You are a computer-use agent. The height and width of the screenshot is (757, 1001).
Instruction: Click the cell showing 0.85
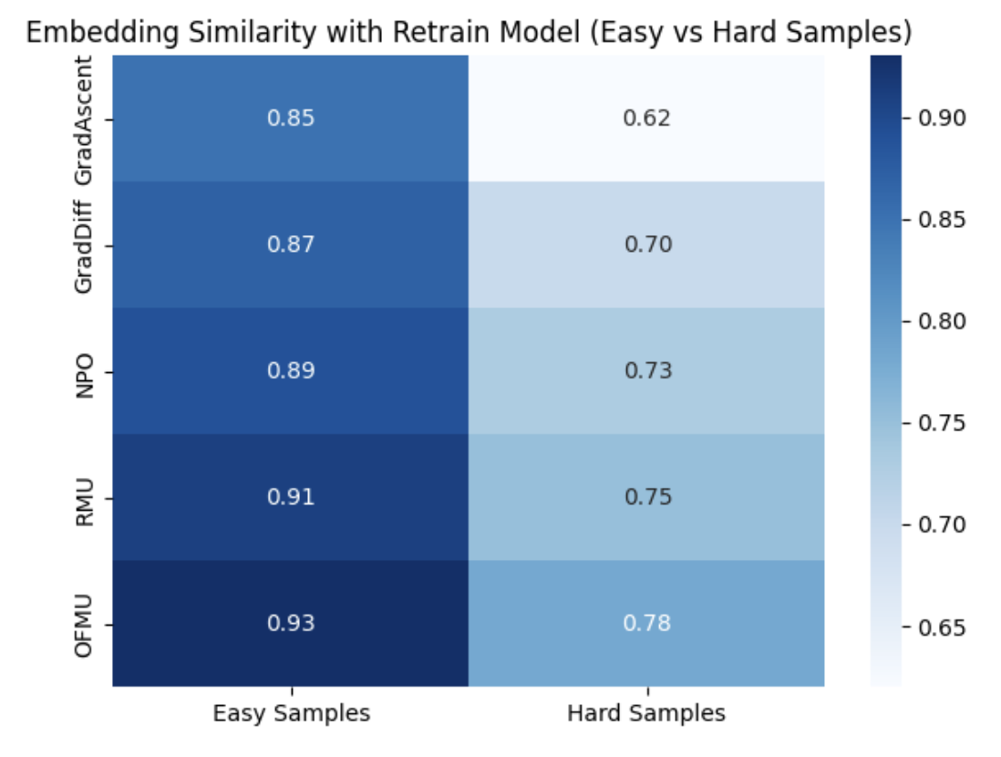pyautogui.click(x=291, y=119)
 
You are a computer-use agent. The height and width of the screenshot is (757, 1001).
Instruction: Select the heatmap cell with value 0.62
pyautogui.click(x=646, y=119)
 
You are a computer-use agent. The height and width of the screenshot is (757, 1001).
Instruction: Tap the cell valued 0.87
pyautogui.click(x=291, y=244)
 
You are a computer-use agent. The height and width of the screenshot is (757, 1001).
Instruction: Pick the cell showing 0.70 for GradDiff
pyautogui.click(x=646, y=244)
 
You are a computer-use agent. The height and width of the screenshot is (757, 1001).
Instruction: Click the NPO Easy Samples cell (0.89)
pyautogui.click(x=291, y=371)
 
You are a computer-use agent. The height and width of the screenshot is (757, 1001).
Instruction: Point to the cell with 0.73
pyautogui.click(x=646, y=371)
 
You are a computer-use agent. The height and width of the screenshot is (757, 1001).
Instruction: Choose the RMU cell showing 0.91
pyautogui.click(x=291, y=497)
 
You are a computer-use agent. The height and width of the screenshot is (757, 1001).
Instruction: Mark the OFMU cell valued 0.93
pyautogui.click(x=291, y=624)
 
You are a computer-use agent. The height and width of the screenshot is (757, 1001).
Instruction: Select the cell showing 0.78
pyautogui.click(x=646, y=624)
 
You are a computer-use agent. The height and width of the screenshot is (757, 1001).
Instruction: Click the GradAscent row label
pyautogui.click(x=84, y=120)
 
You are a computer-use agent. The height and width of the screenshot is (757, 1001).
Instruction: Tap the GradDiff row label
pyautogui.click(x=84, y=246)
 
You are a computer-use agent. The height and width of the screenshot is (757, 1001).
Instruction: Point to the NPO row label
pyautogui.click(x=84, y=377)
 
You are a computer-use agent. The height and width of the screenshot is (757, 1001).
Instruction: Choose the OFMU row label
pyautogui.click(x=84, y=626)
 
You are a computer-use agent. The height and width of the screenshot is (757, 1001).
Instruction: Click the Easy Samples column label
pyautogui.click(x=291, y=713)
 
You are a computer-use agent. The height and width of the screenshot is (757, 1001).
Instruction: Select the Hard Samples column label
pyautogui.click(x=646, y=713)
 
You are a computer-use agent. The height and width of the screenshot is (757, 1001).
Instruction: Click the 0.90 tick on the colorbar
pyautogui.click(x=942, y=118)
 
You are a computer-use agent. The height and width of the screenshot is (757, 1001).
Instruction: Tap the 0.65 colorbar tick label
pyautogui.click(x=942, y=627)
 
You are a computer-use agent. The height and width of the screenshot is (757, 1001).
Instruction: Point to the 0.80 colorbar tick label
pyautogui.click(x=942, y=321)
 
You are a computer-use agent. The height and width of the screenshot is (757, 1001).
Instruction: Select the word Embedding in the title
pyautogui.click(x=102, y=33)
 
